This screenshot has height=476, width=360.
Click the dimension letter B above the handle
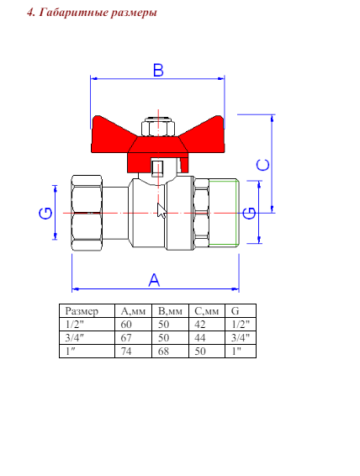click(158, 70)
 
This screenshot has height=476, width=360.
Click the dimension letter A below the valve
click(154, 280)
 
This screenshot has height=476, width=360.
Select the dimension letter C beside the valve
click(263, 165)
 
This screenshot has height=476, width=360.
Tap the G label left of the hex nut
click(45, 213)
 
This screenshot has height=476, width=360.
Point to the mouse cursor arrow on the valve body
click(161, 210)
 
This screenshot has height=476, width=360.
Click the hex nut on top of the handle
click(158, 128)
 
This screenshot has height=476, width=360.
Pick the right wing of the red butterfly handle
click(205, 135)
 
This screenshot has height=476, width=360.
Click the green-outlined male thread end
click(223, 213)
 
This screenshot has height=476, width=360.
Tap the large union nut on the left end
click(87, 213)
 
